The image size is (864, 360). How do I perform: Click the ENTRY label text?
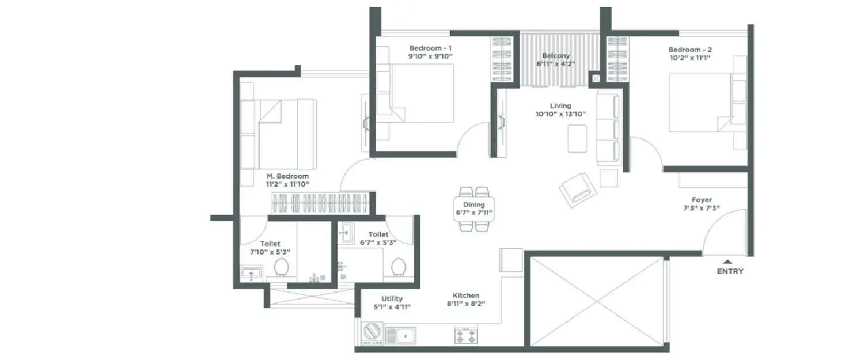(730, 271)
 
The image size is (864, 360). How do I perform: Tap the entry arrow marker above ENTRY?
(728, 261)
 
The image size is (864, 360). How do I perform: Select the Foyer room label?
(701, 200)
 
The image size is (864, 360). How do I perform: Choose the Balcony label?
(555, 56)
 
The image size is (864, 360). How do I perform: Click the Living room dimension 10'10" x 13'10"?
(560, 114)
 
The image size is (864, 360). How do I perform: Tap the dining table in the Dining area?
(474, 209)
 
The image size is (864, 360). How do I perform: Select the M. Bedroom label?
(287, 176)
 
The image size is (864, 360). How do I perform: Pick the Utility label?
(392, 298)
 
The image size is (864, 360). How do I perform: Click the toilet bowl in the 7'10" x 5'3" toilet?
(282, 267)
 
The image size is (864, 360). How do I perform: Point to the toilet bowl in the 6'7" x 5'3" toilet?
(397, 267)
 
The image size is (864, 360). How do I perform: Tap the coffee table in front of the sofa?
(577, 138)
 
